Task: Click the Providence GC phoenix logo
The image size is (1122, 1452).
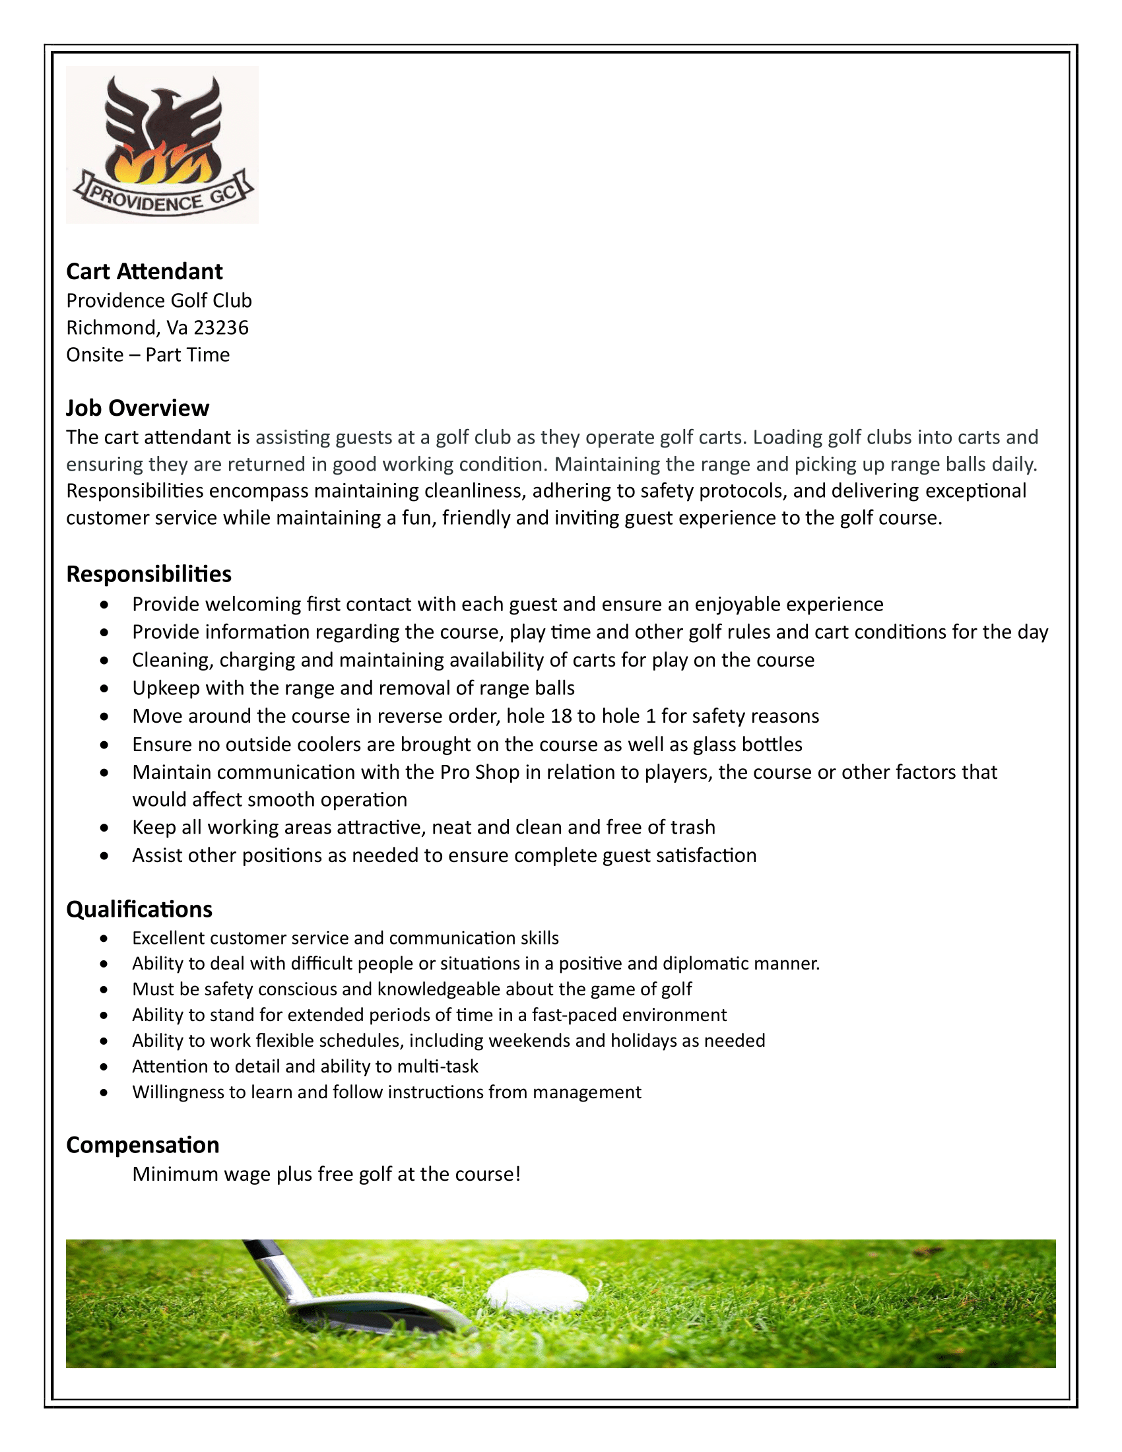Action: coord(162,145)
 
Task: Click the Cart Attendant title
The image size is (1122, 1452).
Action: coord(145,271)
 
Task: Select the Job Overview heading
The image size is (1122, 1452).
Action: coord(137,407)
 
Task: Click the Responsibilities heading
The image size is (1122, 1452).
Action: coord(149,574)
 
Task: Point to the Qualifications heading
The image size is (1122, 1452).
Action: coord(139,909)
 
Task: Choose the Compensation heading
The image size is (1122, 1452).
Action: coord(143,1145)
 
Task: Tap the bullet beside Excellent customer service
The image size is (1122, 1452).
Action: coord(104,939)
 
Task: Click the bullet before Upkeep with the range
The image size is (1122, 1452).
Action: coord(104,689)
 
